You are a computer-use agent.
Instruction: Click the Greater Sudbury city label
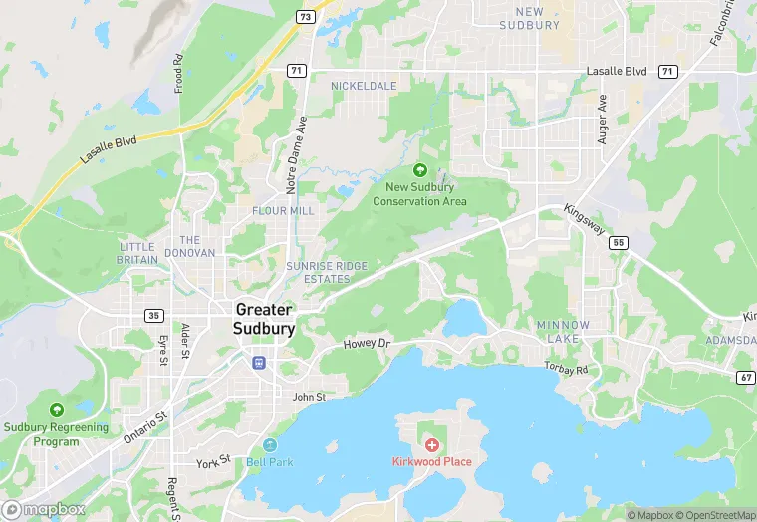coord(264,319)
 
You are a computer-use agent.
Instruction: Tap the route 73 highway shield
coord(305,17)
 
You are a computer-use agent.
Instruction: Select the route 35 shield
coord(153,315)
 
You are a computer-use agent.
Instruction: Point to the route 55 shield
coord(620,242)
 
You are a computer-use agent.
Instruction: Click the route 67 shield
coord(746,377)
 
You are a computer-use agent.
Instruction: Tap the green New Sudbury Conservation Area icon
coord(419,170)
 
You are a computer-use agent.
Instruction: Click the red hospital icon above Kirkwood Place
coord(431,444)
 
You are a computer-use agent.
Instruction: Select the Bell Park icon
coord(269,445)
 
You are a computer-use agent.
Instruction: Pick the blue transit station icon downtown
coord(258,362)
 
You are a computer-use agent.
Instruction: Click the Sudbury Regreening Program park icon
coord(57,409)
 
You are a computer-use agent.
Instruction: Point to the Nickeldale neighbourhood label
coord(364,86)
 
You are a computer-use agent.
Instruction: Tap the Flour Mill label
coord(283,211)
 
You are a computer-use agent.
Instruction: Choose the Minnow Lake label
coord(564,332)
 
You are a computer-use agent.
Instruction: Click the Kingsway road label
coord(583,220)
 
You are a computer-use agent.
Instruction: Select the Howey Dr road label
coord(370,344)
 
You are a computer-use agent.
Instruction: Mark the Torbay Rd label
coord(567,369)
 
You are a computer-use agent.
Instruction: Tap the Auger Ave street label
coord(602,120)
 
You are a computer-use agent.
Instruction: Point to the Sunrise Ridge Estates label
coord(327,272)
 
